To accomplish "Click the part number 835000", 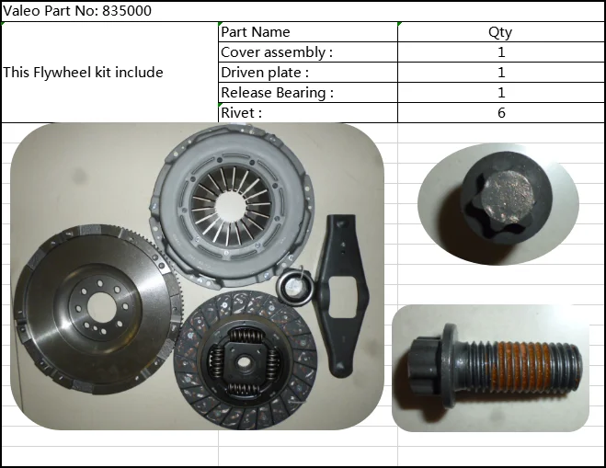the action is pos(127,11).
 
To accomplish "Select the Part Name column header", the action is pos(255,31).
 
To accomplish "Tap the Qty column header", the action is pos(500,32).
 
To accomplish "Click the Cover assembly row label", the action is pos(277,52).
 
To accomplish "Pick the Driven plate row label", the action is pos(265,73).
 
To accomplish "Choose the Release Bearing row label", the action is pos(277,93).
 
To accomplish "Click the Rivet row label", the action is pos(241,113).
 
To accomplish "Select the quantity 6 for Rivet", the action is pos(501,113).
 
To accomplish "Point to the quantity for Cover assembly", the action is pos(501,52).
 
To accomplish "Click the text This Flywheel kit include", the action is pos(83,73).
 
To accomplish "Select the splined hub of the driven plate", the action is pos(244,362).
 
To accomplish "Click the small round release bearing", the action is pos(294,287).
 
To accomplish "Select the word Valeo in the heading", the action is pos(22,11).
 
